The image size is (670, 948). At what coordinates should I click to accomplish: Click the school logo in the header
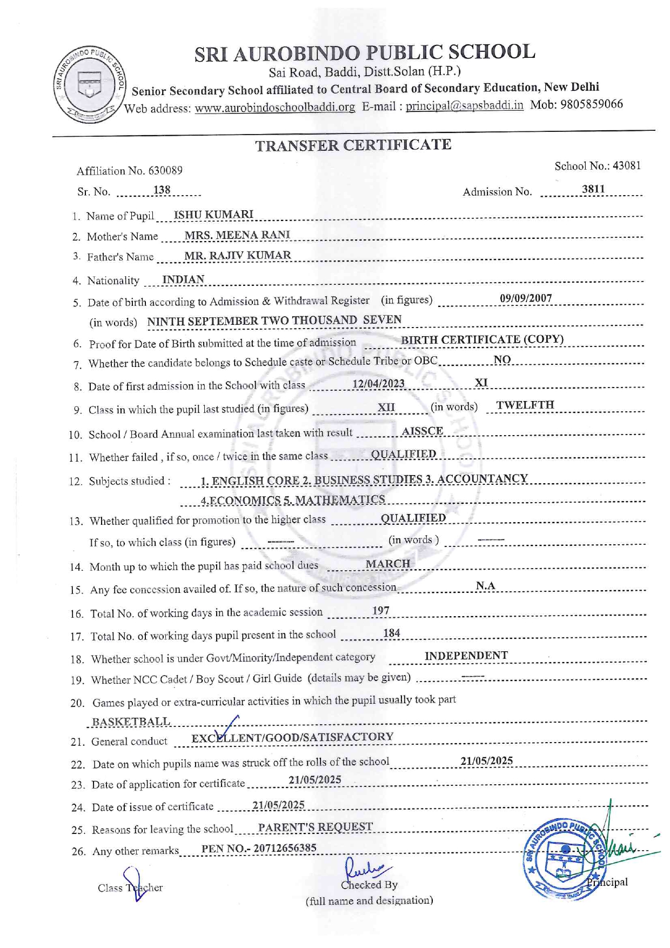90,84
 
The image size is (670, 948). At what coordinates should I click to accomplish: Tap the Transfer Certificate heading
353,145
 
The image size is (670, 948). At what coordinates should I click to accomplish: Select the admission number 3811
593,189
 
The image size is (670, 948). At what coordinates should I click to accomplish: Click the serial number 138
162,190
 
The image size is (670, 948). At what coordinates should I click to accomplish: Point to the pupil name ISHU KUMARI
213,214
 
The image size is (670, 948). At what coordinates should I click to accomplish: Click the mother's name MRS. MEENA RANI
237,235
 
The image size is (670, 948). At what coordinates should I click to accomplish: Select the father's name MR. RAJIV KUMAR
238,255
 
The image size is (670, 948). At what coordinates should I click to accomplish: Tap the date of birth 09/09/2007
526,298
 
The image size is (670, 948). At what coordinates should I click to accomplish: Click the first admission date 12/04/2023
378,383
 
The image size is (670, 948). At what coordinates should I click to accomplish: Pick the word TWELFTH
525,405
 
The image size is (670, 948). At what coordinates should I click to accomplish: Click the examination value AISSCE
422,431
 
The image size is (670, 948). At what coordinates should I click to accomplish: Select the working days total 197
380,611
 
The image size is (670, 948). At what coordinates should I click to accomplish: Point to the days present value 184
392,633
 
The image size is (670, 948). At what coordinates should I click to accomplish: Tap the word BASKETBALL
131,722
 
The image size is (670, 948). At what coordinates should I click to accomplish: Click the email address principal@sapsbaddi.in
464,105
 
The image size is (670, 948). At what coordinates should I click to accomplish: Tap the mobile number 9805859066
592,104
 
